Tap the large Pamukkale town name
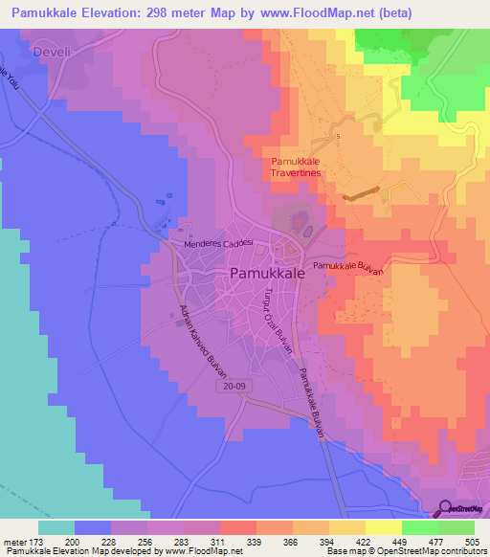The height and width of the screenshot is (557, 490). pyautogui.click(x=268, y=274)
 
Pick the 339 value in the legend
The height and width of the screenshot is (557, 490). pyautogui.click(x=256, y=541)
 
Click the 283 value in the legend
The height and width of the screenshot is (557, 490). pyautogui.click(x=183, y=541)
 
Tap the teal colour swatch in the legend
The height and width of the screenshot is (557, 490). pyautogui.click(x=56, y=526)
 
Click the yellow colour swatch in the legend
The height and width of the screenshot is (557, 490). pyautogui.click(x=383, y=526)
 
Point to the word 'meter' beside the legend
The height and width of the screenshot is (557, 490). pyautogui.click(x=13, y=541)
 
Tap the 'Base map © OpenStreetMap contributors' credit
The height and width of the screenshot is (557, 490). pyautogui.click(x=405, y=551)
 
